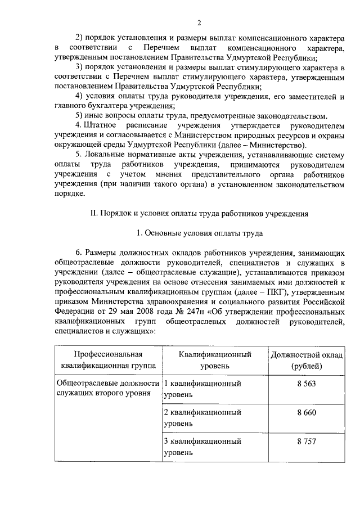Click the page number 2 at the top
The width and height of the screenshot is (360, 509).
pos(199,22)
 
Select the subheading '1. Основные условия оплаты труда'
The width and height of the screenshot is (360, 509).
pos(199,232)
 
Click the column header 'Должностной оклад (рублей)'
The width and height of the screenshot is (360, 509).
pos(307,361)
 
